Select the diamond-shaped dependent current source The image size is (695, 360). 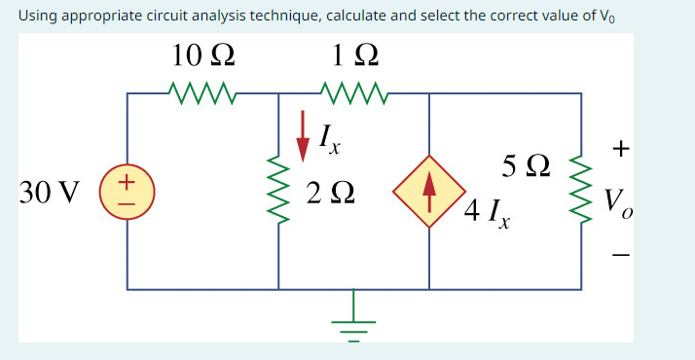click(429, 191)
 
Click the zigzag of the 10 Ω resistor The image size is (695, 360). click(202, 94)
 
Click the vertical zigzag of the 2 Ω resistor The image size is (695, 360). click(279, 192)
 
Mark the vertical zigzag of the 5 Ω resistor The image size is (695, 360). click(581, 192)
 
